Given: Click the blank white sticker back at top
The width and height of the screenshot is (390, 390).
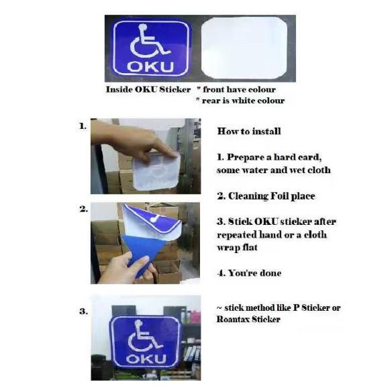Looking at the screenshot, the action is coord(244,48).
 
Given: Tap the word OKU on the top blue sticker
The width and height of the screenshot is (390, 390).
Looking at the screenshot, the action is coord(150,66).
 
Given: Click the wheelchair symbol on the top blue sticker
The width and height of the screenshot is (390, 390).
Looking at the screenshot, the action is coord(150,42).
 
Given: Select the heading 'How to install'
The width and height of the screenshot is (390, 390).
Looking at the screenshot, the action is coord(249,131).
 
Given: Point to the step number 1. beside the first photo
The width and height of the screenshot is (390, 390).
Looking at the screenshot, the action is coord(83,126).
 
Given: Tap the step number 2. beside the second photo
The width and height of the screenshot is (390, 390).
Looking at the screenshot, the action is coord(83,209).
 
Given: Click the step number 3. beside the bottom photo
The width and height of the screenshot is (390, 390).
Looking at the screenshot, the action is coord(83,311).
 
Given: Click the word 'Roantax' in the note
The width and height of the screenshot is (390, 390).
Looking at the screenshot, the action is coord(232,319).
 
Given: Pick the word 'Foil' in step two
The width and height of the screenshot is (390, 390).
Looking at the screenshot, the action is coord(279,196).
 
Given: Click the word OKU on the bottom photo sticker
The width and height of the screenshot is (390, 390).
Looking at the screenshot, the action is coord(146,358).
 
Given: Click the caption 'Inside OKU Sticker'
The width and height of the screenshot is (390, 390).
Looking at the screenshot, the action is coord(148,89).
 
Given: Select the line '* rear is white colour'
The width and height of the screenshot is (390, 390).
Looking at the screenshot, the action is coord(240,101).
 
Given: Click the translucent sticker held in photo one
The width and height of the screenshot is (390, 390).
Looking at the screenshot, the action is coord(156,171).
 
